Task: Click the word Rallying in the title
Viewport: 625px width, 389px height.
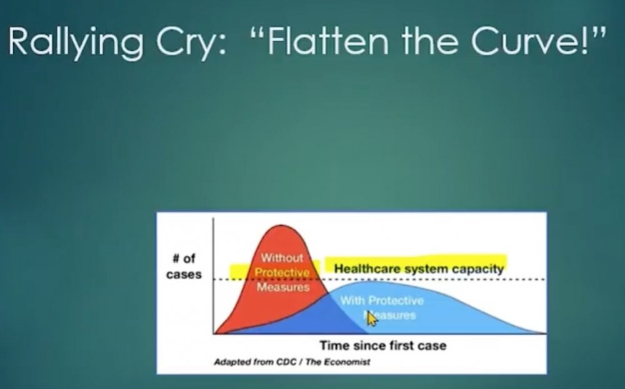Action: (76, 42)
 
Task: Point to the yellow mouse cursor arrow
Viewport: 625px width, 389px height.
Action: (371, 319)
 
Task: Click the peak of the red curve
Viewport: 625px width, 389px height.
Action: (282, 226)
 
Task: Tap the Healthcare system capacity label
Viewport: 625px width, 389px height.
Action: (419, 269)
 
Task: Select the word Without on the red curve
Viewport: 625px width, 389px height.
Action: (282, 258)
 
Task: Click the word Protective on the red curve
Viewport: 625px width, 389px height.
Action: (282, 273)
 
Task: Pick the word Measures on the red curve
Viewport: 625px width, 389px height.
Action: (283, 287)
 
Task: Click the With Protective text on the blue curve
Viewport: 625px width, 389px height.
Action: (382, 300)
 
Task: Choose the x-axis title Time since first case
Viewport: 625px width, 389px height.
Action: (382, 345)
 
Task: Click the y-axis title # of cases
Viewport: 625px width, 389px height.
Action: (184, 266)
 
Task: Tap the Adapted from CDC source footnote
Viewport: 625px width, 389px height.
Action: (292, 362)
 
